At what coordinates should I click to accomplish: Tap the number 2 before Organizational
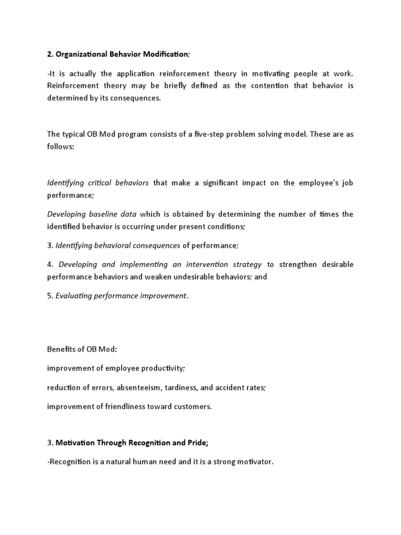pyautogui.click(x=49, y=54)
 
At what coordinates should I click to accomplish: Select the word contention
pyautogui.click(x=270, y=86)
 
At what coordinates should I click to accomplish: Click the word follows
pyautogui.click(x=60, y=147)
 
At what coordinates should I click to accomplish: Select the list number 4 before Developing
pyautogui.click(x=49, y=264)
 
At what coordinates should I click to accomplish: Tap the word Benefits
pyautogui.click(x=61, y=349)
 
